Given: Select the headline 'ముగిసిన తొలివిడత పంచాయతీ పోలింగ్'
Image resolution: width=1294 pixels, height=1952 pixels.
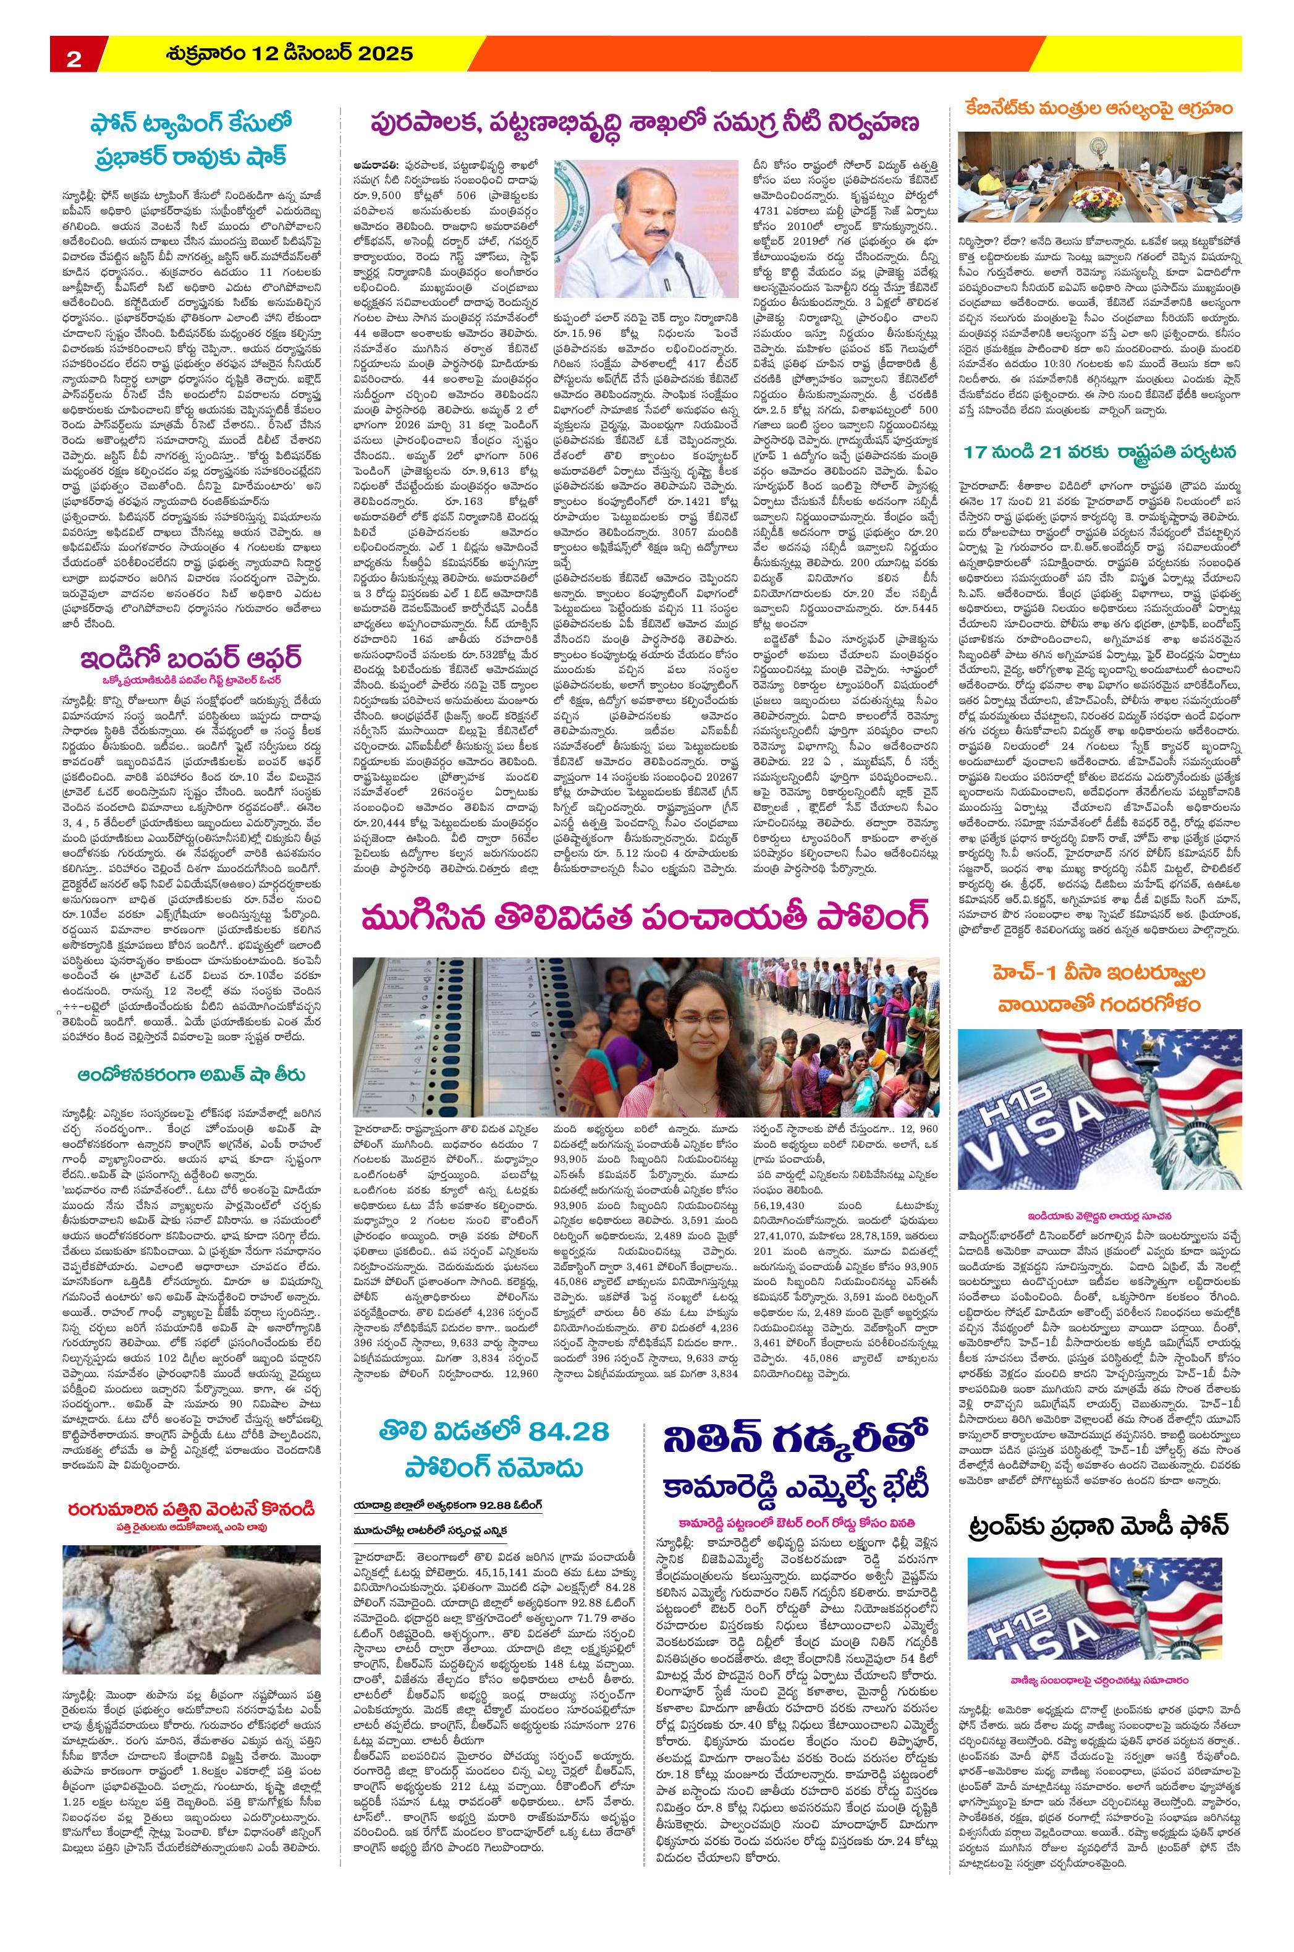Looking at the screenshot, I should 645,917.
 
